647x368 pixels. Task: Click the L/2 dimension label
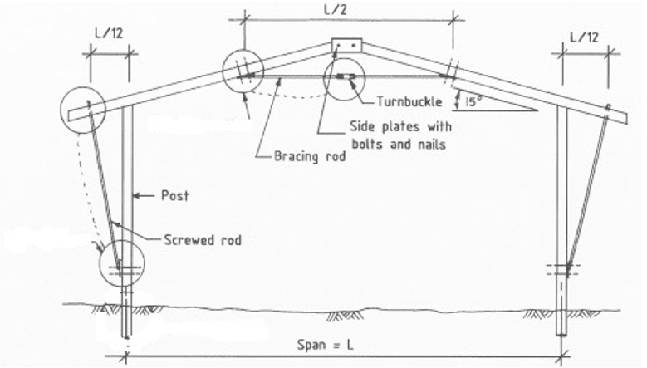pyautogui.click(x=335, y=9)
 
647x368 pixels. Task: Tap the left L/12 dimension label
pyautogui.click(x=109, y=33)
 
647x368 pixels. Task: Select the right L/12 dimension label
pyautogui.click(x=584, y=37)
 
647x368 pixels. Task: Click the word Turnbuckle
pyautogui.click(x=409, y=101)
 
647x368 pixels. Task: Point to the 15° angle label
pyautogui.click(x=473, y=101)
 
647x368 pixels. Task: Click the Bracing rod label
pyautogui.click(x=310, y=157)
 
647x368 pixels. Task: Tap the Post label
pyautogui.click(x=175, y=195)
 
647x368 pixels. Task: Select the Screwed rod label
pyautogui.click(x=203, y=240)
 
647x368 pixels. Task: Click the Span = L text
pyautogui.click(x=325, y=345)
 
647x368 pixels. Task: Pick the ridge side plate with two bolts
pyautogui.click(x=346, y=46)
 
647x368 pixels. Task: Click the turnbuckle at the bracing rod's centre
pyautogui.click(x=346, y=76)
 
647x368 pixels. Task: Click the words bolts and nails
pyautogui.click(x=399, y=145)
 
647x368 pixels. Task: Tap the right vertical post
pyautogui.click(x=562, y=221)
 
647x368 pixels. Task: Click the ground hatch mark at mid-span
pyautogui.click(x=345, y=316)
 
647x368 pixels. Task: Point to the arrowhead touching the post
pyautogui.click(x=139, y=196)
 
